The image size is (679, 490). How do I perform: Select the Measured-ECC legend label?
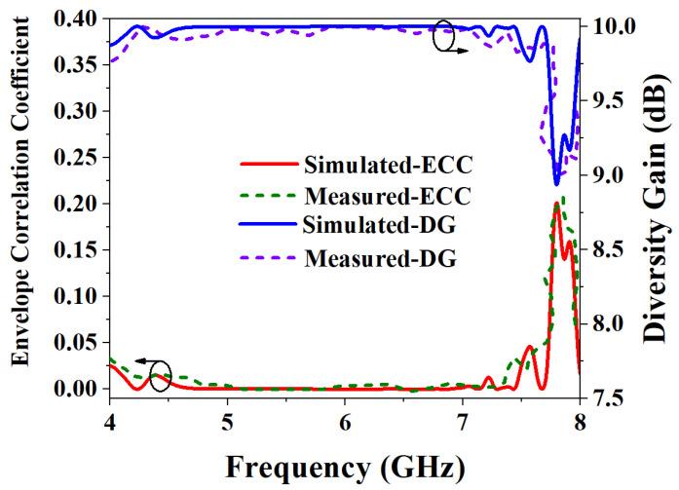click(388, 195)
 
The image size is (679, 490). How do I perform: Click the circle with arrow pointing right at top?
click(444, 38)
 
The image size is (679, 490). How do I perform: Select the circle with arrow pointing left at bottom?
click(160, 374)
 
